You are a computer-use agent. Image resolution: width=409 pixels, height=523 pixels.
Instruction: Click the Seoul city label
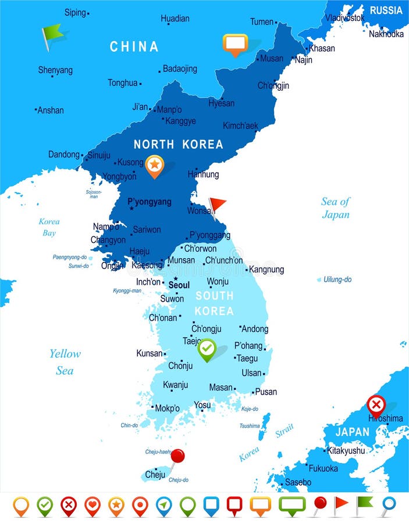[179, 285]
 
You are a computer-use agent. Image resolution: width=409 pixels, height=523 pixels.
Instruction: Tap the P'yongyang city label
[150, 202]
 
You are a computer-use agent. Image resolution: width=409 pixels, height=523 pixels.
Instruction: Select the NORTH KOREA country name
[178, 145]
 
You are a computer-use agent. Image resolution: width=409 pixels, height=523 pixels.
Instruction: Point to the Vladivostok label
[345, 18]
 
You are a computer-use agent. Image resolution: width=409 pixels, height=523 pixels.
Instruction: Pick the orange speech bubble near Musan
[235, 44]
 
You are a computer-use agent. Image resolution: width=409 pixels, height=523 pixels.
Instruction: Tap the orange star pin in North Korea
[154, 166]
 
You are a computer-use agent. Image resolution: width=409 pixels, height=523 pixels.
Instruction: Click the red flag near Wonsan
[218, 205]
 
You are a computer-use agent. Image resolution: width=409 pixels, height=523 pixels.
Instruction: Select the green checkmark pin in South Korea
[207, 349]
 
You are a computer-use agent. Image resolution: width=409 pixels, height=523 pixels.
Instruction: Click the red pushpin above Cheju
[177, 456]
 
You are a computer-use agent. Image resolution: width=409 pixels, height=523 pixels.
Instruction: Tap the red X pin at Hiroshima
[376, 404]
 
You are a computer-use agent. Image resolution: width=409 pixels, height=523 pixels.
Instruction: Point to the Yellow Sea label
[65, 361]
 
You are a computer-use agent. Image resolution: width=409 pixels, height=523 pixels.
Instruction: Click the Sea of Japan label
[336, 208]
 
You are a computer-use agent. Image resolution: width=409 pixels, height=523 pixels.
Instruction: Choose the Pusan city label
[266, 392]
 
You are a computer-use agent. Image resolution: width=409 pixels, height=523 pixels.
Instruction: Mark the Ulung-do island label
[337, 280]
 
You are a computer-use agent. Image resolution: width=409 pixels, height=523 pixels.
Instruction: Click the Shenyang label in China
[55, 70]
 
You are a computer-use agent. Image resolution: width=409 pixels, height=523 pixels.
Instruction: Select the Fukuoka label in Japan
[323, 468]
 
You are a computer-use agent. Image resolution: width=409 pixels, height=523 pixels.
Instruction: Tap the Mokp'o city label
[167, 408]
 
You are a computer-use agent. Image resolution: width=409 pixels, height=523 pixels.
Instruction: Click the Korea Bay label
[49, 227]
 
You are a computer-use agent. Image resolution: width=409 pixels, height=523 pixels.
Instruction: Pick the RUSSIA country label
[386, 10]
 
